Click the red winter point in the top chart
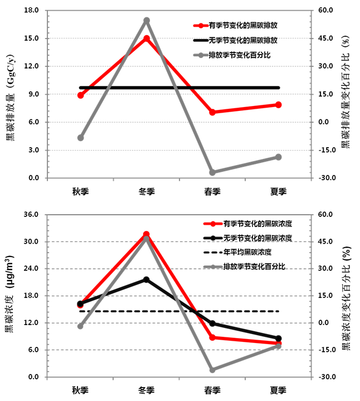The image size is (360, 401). click(x=147, y=38)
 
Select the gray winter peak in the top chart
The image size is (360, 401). click(x=147, y=21)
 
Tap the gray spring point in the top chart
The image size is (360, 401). click(x=212, y=172)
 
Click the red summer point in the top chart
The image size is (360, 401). click(x=278, y=105)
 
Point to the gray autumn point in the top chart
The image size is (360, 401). click(x=81, y=138)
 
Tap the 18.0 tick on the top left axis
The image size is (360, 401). click(x=31, y=11)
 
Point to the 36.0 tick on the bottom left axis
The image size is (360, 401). click(x=31, y=215)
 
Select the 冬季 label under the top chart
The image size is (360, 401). click(x=147, y=192)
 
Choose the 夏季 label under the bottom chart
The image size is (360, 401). click(x=278, y=390)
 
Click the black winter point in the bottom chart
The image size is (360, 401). click(x=147, y=279)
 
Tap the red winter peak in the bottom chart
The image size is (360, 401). click(x=147, y=235)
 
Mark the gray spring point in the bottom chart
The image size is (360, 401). click(x=212, y=370)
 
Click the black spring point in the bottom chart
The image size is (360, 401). click(x=212, y=323)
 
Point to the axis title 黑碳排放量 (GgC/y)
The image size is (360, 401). click(x=11, y=94)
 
